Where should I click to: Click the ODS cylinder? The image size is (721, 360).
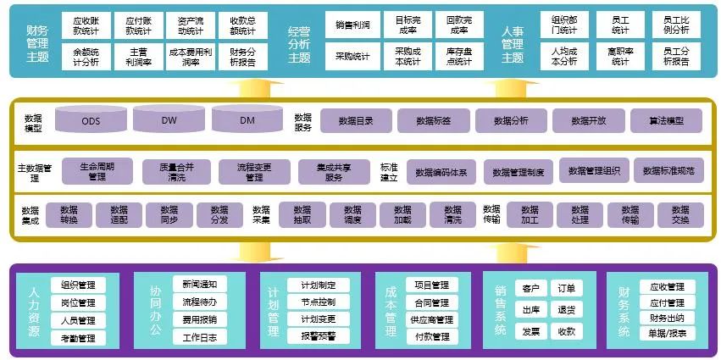[x=91, y=119]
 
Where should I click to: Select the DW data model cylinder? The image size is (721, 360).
[x=169, y=119]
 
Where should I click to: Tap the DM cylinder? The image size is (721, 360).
[x=247, y=119]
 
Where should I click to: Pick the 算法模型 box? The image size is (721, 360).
[x=666, y=120]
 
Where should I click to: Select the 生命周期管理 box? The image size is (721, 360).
[x=97, y=171]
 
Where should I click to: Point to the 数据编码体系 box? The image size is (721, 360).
[x=441, y=171]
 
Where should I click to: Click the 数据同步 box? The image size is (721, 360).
[x=169, y=215]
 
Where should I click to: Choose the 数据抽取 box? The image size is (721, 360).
[x=302, y=215]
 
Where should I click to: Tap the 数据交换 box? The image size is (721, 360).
[x=679, y=215]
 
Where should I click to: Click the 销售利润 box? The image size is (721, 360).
[x=352, y=25]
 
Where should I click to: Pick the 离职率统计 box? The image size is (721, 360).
[x=619, y=56]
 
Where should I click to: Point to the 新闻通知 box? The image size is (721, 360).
[x=199, y=284]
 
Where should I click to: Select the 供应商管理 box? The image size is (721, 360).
[x=431, y=319]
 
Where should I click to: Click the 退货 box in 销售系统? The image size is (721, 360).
[x=567, y=309]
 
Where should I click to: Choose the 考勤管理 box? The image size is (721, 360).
[x=84, y=338]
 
